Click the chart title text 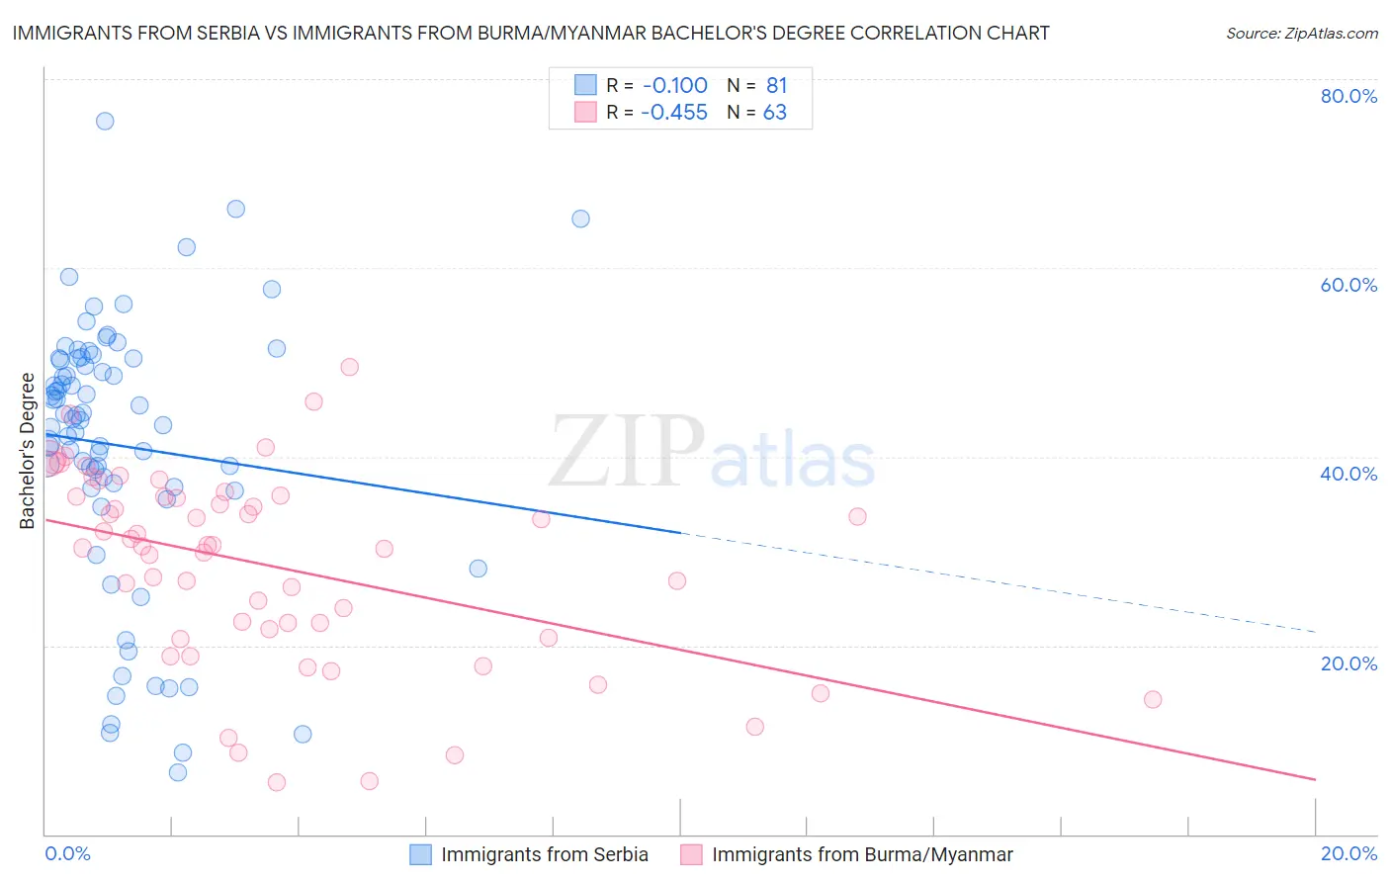531,34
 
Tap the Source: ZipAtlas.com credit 1301,34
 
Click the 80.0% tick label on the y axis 1348,96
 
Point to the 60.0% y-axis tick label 1348,285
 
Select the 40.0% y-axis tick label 1348,474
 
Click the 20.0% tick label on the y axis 1348,663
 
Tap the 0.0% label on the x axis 67,853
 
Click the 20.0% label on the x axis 1348,853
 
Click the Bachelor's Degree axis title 28,451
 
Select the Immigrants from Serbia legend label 545,854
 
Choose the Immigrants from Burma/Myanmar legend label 862,854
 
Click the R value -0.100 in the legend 674,86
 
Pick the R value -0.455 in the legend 674,113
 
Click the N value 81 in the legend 776,86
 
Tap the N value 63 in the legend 775,113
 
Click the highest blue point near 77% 105,122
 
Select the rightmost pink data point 1153,700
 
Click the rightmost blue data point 581,220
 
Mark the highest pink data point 349,367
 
